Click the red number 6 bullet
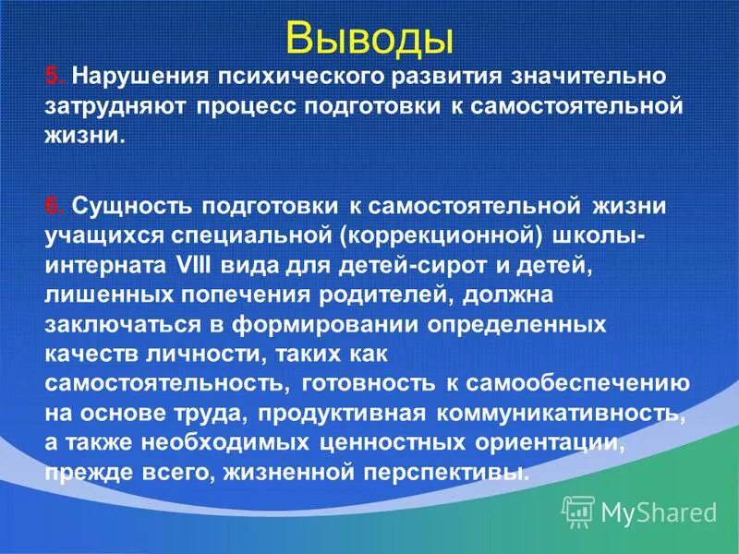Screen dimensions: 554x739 pyautogui.click(x=54, y=202)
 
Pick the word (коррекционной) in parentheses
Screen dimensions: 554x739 pyautogui.click(x=438, y=234)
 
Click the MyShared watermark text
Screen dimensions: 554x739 pyautogui.click(x=658, y=511)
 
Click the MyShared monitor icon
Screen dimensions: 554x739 pyautogui.click(x=578, y=510)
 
